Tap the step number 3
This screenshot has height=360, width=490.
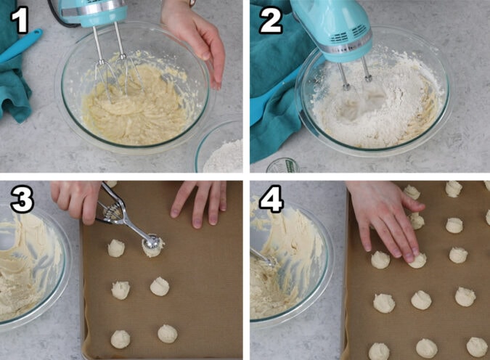click(x=22, y=200)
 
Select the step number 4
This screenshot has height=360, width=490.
click(x=271, y=200)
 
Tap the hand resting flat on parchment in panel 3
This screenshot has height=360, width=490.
click(x=200, y=201)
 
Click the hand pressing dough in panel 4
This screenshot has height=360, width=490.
click(x=385, y=218)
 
